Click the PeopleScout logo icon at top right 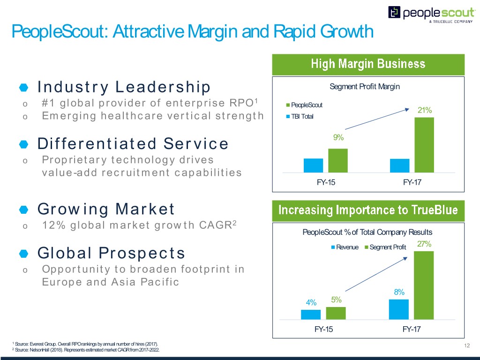[x=394, y=13]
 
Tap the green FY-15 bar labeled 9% [x=337, y=160]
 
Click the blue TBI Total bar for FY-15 [x=313, y=165]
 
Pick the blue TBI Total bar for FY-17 [x=399, y=165]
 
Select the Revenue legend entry [x=347, y=247]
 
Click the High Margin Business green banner [x=368, y=64]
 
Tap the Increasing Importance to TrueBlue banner [x=368, y=210]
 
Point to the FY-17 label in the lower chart [x=412, y=330]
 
